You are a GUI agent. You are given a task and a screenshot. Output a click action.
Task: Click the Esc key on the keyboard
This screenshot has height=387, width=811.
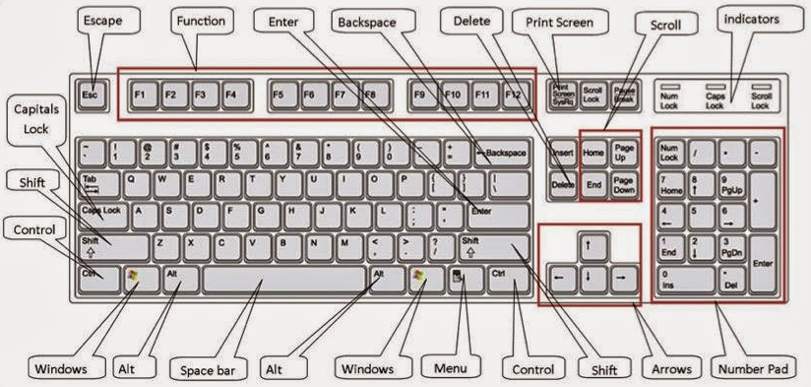coord(91,95)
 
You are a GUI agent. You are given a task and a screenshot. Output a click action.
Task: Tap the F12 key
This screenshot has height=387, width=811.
coord(514,95)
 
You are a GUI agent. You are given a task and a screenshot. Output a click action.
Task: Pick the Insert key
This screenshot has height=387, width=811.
coord(563,153)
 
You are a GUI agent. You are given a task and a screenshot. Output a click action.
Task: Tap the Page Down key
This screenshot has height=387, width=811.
coord(624,183)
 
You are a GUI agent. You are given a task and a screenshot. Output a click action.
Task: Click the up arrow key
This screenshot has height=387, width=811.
coord(589,244)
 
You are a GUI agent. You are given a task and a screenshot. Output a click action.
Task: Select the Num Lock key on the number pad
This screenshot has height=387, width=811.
coord(671,153)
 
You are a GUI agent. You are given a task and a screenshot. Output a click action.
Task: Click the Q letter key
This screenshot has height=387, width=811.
coord(131,182)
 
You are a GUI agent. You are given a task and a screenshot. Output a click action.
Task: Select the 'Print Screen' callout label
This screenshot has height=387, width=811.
coord(558,20)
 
